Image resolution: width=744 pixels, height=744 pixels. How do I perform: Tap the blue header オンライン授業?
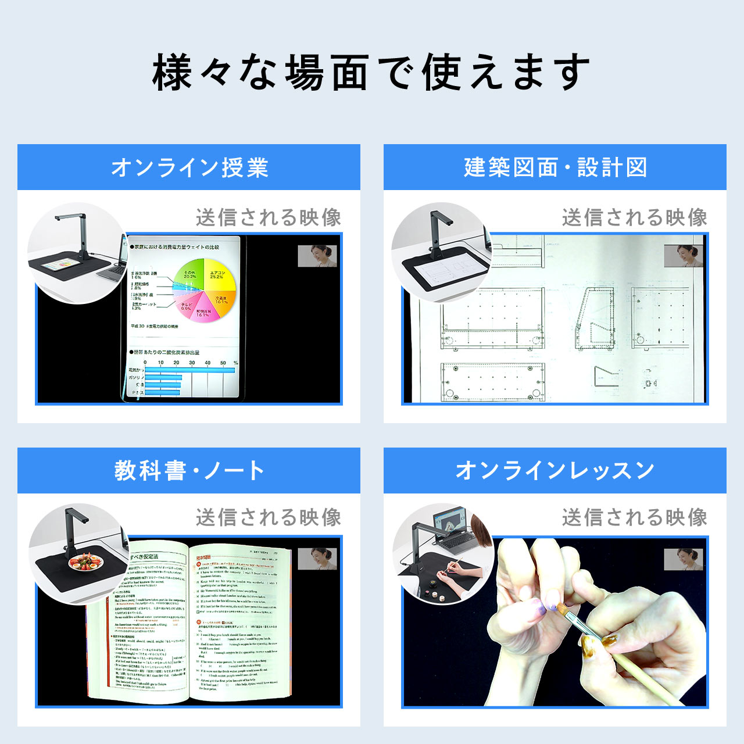189,167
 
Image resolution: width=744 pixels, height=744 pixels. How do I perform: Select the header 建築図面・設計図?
555,167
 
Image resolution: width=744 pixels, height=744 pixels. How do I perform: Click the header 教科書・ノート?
189,470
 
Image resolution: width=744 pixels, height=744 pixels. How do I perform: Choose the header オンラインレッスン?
555,470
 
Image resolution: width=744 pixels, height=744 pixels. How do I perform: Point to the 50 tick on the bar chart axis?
223,363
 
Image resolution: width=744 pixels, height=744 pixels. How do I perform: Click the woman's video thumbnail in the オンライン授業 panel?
317,256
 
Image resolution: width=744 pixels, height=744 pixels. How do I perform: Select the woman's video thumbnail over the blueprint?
684,256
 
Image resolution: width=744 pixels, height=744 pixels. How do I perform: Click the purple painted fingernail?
541,608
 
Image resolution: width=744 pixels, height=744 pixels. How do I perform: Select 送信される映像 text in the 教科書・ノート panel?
269,517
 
